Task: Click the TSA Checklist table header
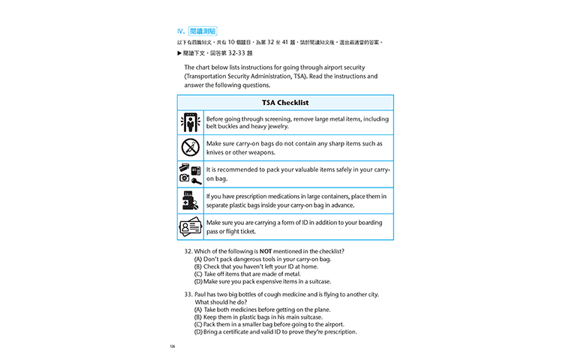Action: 285,103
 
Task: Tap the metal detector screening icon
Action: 191,122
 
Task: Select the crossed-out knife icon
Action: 191,148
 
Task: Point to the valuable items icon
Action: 191,173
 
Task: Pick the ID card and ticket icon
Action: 191,226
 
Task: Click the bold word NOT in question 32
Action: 266,250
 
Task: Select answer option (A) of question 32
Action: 262,259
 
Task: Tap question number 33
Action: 188,294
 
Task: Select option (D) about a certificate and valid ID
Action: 275,332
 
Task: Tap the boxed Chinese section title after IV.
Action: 203,31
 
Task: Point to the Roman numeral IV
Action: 181,31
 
